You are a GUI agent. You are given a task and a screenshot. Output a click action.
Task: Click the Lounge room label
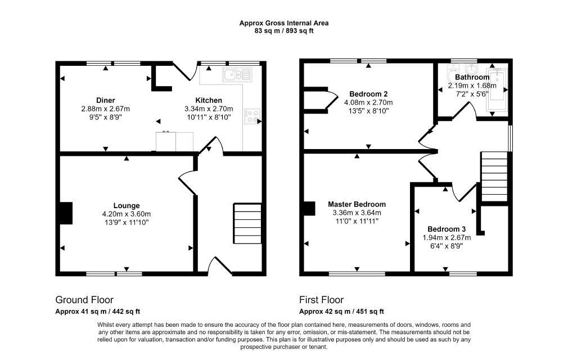tap(127, 206)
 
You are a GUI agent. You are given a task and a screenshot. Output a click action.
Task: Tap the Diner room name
tap(105, 100)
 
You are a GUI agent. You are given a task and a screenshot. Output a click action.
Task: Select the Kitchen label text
tap(209, 100)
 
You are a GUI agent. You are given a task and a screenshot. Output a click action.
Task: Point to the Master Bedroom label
tap(357, 204)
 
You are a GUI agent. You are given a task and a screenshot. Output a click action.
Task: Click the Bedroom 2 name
tap(368, 94)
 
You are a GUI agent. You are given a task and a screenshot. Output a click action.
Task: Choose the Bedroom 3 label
tap(447, 229)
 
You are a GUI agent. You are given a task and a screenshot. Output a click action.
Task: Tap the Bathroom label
tap(472, 77)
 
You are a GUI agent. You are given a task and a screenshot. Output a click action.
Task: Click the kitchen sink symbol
tap(238, 74)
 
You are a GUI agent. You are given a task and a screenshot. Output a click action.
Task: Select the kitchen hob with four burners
tap(252, 116)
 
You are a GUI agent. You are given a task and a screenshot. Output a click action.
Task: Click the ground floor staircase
tap(247, 223)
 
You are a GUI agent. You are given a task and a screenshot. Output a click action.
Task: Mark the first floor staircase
tap(494, 177)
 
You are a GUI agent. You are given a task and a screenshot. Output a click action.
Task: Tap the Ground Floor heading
tap(84, 300)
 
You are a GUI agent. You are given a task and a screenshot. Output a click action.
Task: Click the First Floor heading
tap(321, 300)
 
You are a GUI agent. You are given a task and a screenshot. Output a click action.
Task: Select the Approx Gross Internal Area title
tap(284, 23)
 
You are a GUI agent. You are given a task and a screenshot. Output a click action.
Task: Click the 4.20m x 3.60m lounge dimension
tap(127, 214)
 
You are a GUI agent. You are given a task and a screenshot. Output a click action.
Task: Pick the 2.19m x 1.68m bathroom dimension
tap(472, 86)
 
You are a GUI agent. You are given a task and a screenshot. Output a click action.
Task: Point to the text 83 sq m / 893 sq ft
tap(284, 31)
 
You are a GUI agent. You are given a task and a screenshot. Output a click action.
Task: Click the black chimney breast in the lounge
tap(66, 213)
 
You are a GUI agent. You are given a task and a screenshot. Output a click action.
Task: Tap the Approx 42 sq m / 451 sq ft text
tap(341, 312)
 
